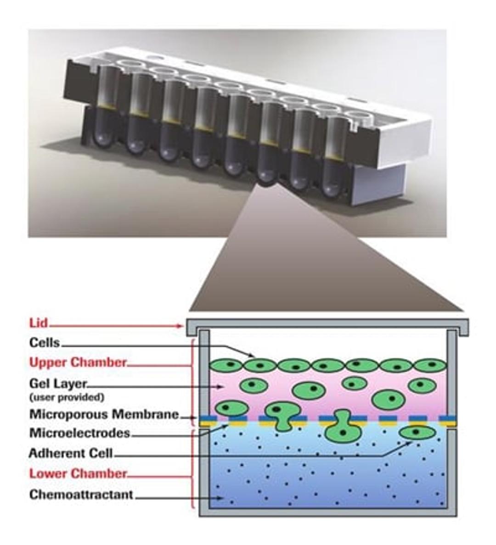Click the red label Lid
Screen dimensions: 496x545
[38, 323]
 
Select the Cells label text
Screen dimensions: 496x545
[44, 343]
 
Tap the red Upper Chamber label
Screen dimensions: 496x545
[77, 362]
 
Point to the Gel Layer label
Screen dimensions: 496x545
[58, 384]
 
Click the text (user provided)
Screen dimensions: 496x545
[67, 397]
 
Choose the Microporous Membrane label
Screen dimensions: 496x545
[104, 414]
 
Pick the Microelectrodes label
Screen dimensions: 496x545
[79, 433]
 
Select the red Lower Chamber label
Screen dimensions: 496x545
[78, 473]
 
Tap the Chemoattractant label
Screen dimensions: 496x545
[81, 495]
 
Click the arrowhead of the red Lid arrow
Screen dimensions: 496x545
[182, 326]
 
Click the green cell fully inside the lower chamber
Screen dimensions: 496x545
[417, 432]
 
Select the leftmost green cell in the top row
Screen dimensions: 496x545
[226, 365]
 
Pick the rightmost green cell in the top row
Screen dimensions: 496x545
[430, 365]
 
